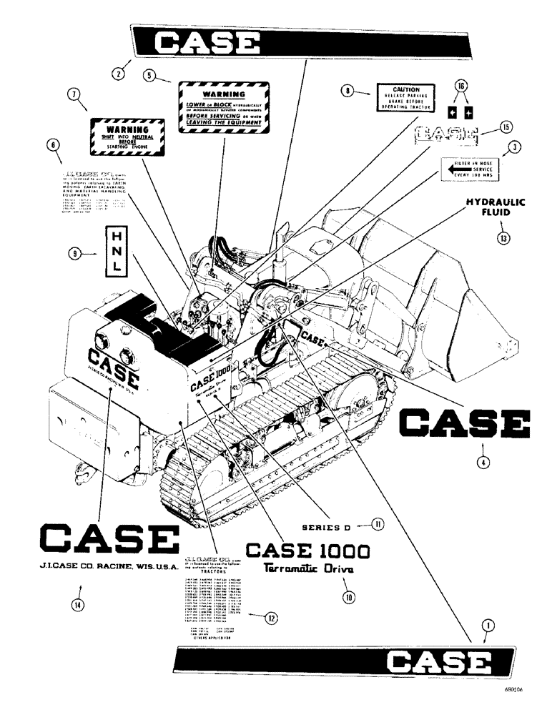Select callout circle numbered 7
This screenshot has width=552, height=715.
(72, 94)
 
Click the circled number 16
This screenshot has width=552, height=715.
(461, 86)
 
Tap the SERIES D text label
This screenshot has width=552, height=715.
(324, 526)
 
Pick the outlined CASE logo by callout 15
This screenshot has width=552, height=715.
(446, 133)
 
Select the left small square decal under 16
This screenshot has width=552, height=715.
(453, 113)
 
